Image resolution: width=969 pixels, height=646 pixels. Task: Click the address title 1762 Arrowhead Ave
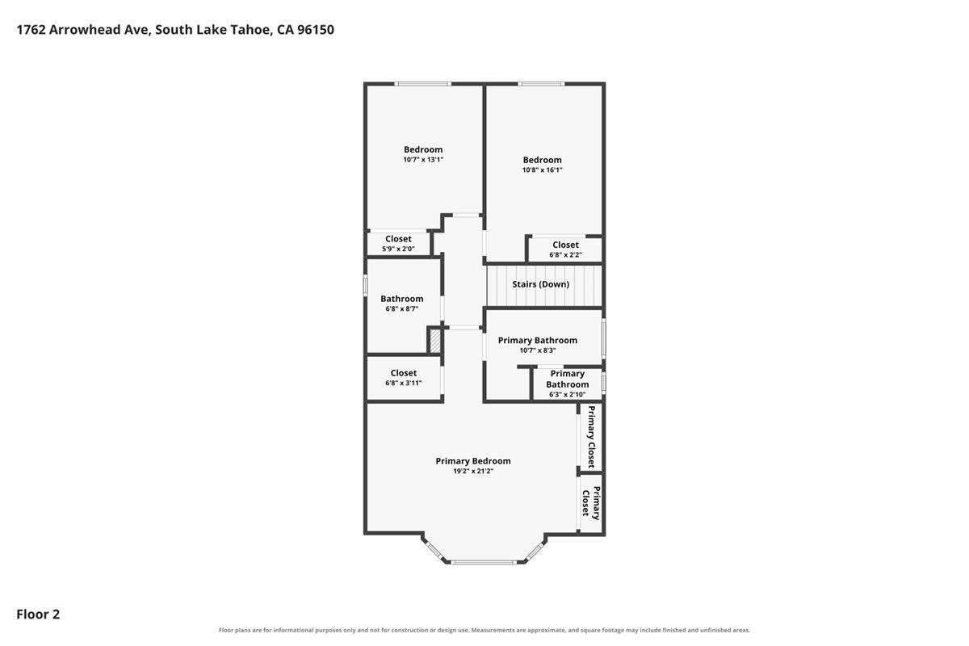pos(84,30)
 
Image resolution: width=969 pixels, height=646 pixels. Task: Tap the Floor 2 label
pos(38,614)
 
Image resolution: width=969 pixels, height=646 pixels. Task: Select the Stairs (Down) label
pos(541,284)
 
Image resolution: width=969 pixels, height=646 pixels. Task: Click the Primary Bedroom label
pos(473,461)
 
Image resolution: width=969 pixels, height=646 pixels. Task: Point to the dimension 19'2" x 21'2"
pos(473,472)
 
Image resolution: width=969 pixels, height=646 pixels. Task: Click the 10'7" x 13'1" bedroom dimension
pos(423,160)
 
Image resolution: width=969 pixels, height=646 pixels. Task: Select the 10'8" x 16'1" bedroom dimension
pos(542,170)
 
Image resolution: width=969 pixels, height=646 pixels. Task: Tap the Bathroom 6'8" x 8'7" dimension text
pos(402,309)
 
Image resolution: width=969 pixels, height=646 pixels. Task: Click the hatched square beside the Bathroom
pos(435,342)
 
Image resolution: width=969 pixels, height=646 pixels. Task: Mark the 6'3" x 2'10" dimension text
pos(567,395)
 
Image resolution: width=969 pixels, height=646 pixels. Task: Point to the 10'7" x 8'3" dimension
pos(538,350)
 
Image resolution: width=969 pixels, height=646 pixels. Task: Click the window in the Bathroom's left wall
pos(366,286)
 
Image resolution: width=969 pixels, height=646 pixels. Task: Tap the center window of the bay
pos(483,562)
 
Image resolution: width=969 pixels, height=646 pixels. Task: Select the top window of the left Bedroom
pos(422,84)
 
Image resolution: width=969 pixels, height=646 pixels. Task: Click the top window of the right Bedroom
pos(541,84)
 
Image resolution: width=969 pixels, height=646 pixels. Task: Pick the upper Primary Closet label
pos(591,437)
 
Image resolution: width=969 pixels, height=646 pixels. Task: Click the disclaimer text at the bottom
pos(484,631)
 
